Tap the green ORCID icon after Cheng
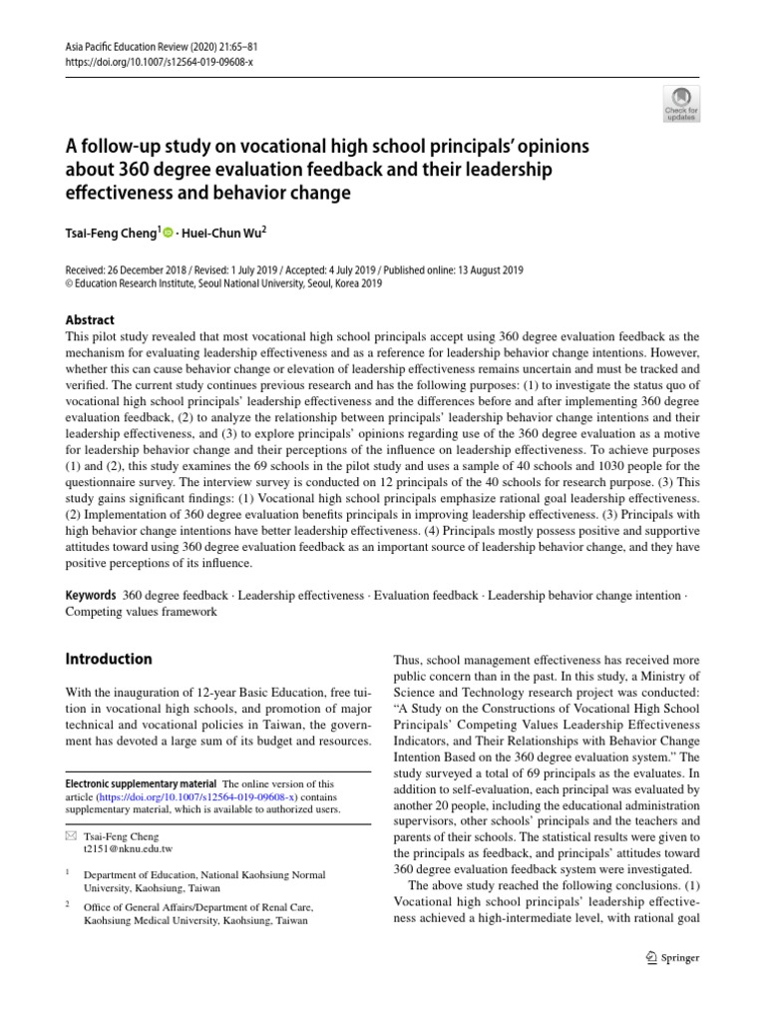click(x=167, y=233)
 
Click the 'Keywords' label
click(x=91, y=595)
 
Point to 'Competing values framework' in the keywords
click(x=141, y=611)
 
